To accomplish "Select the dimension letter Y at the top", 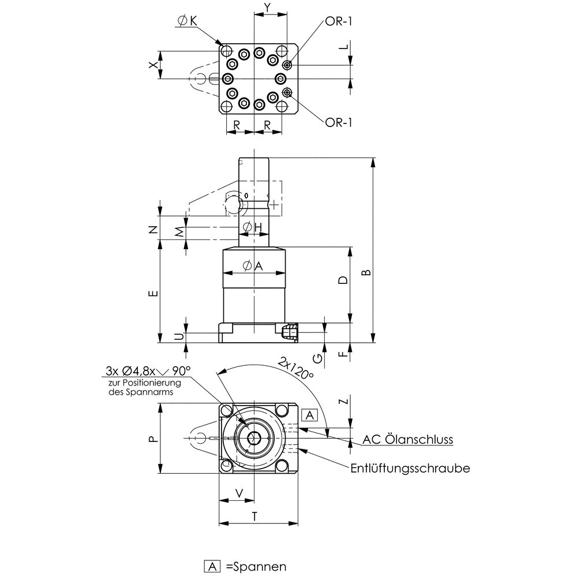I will (x=267, y=8).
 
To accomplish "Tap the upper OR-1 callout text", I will (x=339, y=21).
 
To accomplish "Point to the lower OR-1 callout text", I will (x=339, y=122).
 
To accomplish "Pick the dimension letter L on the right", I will (x=344, y=49).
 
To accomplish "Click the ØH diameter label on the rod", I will (x=252, y=228).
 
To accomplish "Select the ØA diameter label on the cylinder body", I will (x=252, y=266).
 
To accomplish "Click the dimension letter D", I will (x=343, y=281).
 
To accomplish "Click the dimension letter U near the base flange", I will (x=179, y=336).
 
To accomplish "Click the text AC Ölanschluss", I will (x=407, y=440).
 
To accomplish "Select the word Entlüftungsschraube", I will (x=410, y=468).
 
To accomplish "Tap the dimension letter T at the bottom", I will (x=254, y=517).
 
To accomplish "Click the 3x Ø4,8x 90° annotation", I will (x=148, y=370).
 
